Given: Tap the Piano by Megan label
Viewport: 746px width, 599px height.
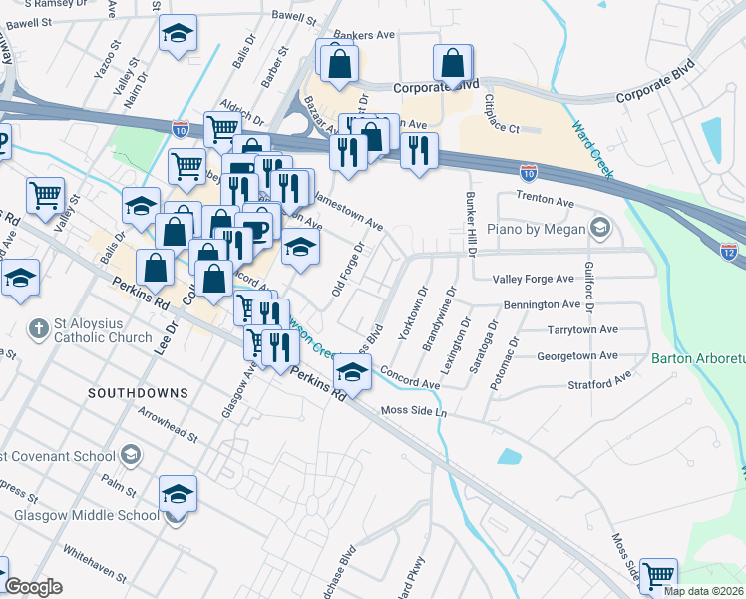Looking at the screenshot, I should (542, 230).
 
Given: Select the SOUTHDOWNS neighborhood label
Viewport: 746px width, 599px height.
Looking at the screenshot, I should (138, 393).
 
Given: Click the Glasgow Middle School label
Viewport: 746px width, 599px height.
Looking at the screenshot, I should (87, 515).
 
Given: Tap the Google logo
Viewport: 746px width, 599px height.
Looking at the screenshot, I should (33, 588).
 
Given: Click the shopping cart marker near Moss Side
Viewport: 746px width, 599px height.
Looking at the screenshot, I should (658, 576).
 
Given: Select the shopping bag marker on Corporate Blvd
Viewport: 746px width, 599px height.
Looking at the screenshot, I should (453, 63).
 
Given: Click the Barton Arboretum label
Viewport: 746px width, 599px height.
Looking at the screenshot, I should (698, 358).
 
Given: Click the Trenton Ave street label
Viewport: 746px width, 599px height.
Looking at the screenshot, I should (545, 202).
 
